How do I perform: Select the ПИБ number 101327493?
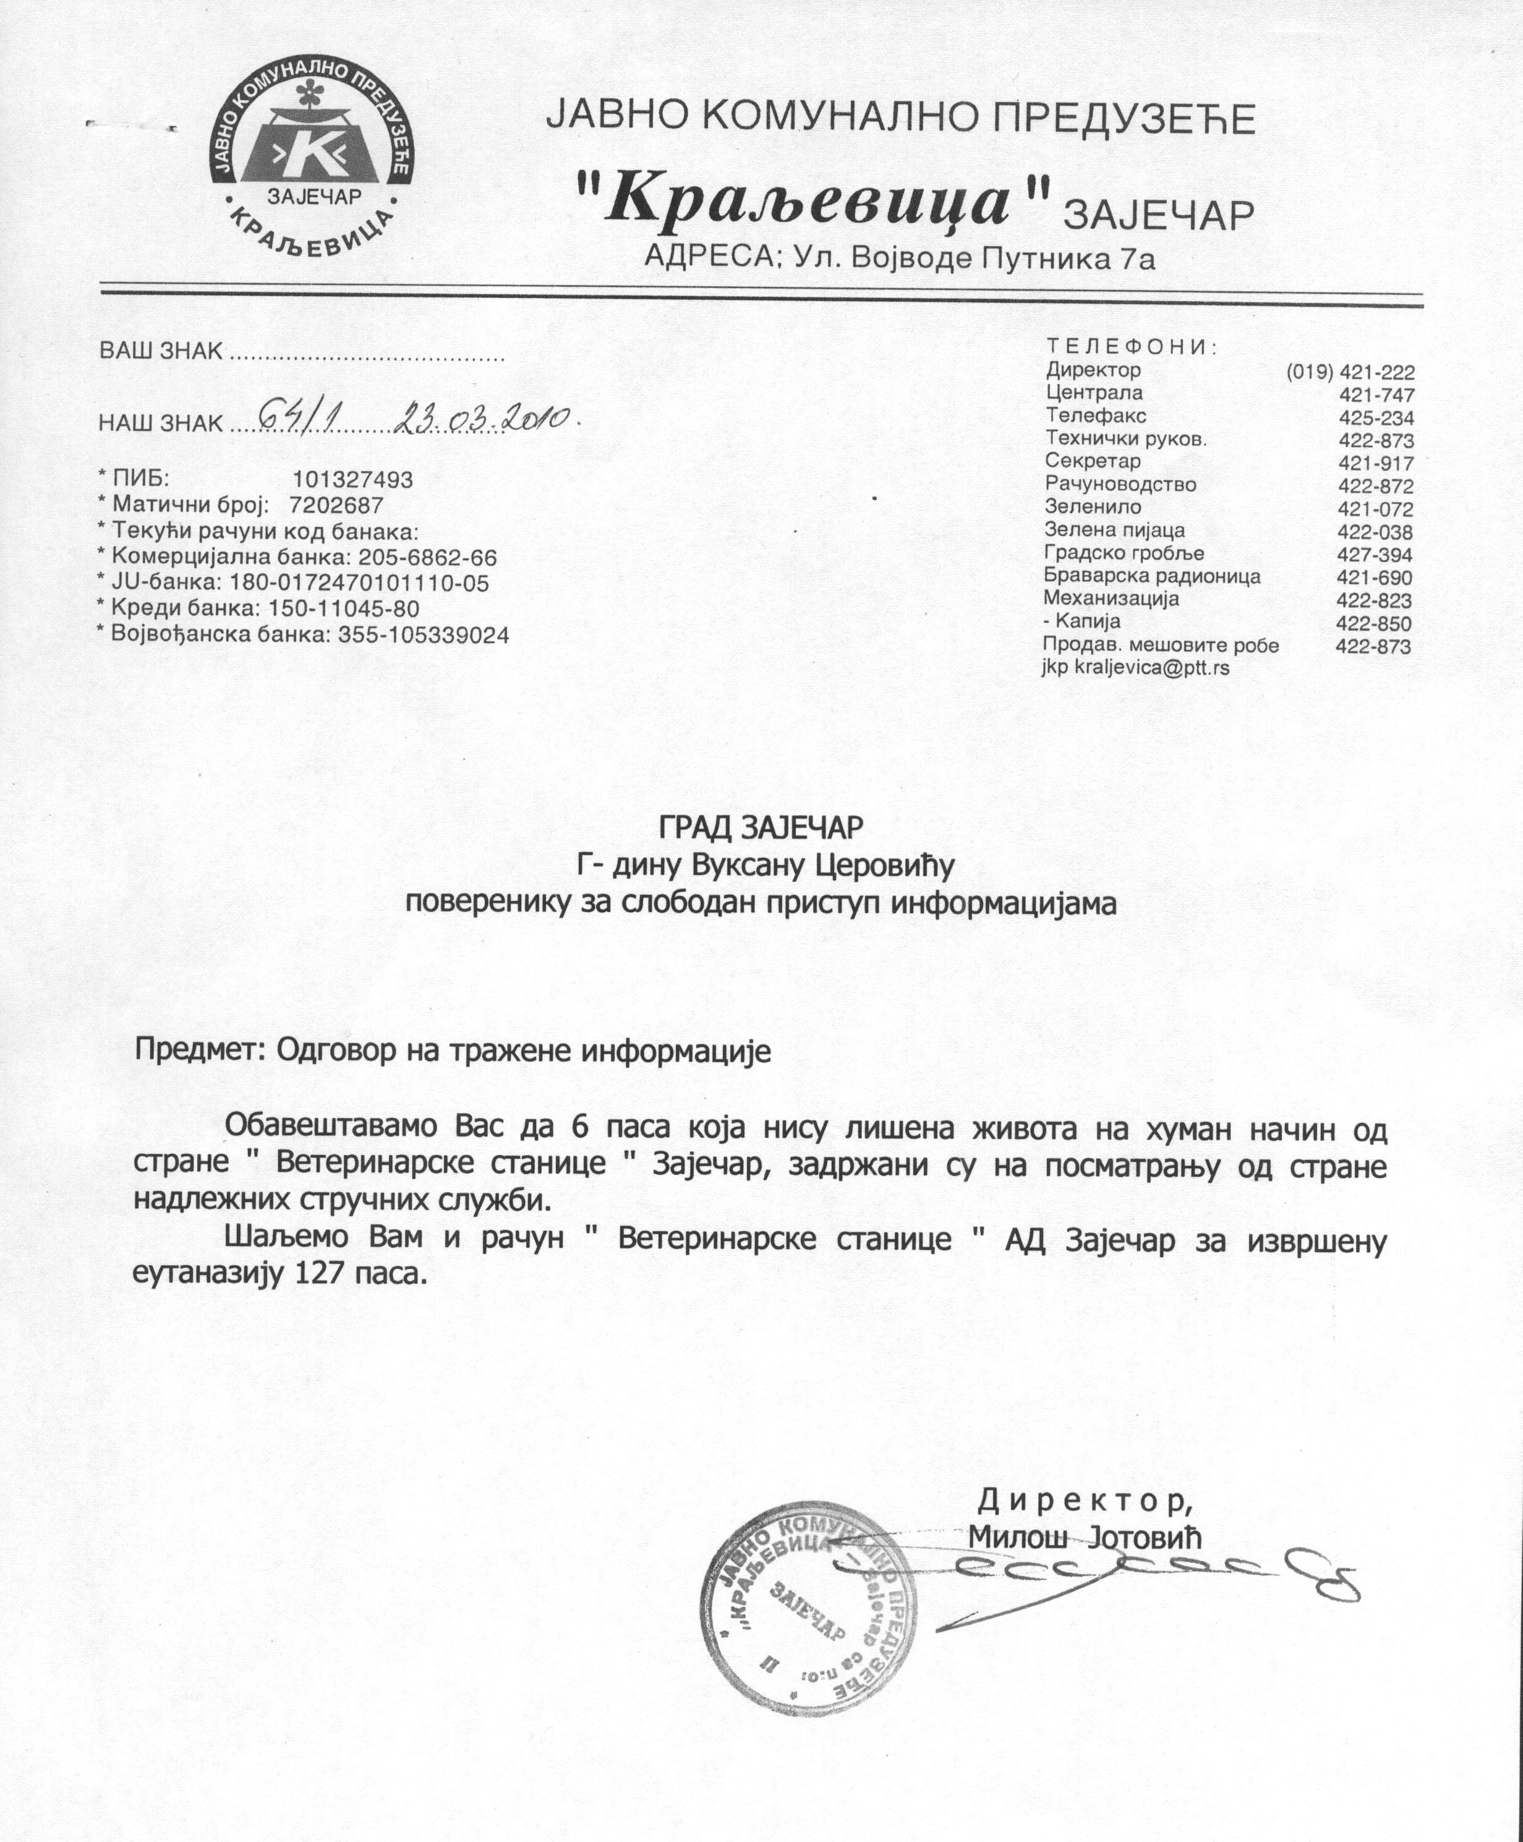(352, 480)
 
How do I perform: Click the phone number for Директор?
(1350, 372)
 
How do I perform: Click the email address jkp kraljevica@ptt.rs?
(1135, 668)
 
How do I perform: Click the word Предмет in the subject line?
(201, 1050)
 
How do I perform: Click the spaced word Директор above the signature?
(1085, 1501)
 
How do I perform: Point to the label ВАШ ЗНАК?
(161, 351)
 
